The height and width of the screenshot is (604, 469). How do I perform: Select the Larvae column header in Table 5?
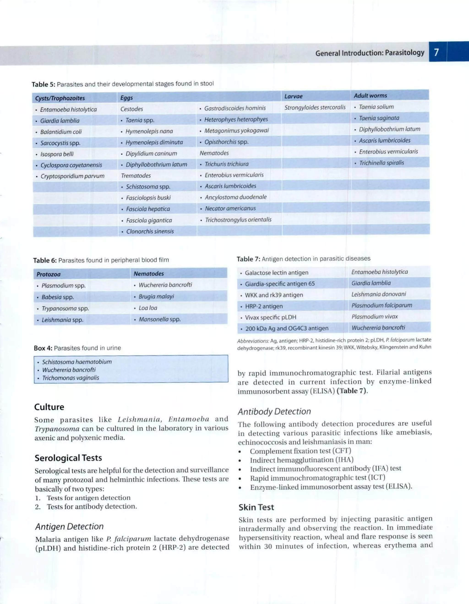tap(294, 96)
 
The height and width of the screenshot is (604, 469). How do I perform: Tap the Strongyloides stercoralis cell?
tap(315, 107)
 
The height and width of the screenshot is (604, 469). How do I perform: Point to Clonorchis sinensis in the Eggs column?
tap(150, 232)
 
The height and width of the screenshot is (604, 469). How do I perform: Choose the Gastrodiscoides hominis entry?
tap(235, 108)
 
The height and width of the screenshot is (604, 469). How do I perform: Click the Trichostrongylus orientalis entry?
tap(238, 220)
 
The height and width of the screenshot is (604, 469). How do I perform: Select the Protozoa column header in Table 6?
tap(48, 274)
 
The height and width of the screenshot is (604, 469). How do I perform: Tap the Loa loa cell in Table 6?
tap(144, 308)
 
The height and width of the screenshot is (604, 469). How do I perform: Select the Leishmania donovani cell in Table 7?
tap(379, 294)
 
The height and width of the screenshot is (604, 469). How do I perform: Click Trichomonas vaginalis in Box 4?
tap(71, 378)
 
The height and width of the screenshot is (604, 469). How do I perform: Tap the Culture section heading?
tap(49, 407)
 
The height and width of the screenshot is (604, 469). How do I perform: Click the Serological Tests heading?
tap(68, 458)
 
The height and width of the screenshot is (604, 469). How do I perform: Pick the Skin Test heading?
tap(256, 507)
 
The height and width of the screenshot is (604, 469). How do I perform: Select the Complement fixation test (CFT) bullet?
tap(300, 451)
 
